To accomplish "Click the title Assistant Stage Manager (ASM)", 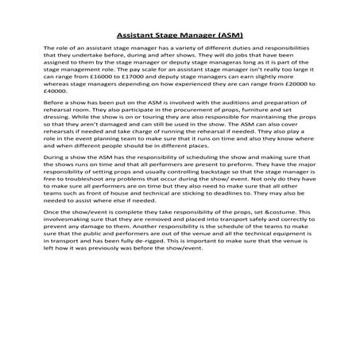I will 180,36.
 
